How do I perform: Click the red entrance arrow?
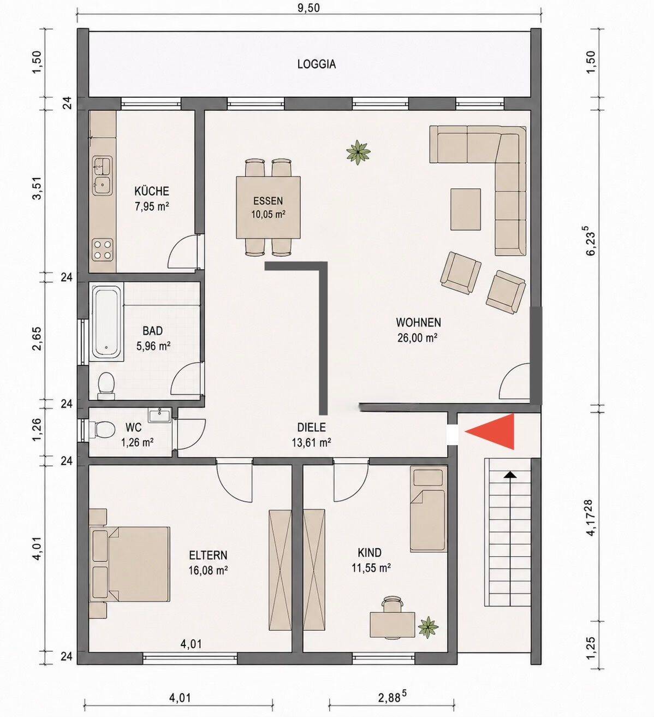[495, 431]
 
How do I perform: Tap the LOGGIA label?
[317, 64]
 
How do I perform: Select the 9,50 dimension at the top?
[309, 7]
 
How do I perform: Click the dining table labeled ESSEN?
[268, 208]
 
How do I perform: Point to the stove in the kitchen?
[103, 249]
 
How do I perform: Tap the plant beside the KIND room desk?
[429, 627]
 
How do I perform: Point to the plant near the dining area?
[358, 152]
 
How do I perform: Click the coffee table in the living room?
[466, 209]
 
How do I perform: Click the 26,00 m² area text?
[418, 338]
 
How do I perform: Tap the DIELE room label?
[312, 428]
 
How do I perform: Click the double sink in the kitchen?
[103, 175]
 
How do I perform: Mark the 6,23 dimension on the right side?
[591, 240]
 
